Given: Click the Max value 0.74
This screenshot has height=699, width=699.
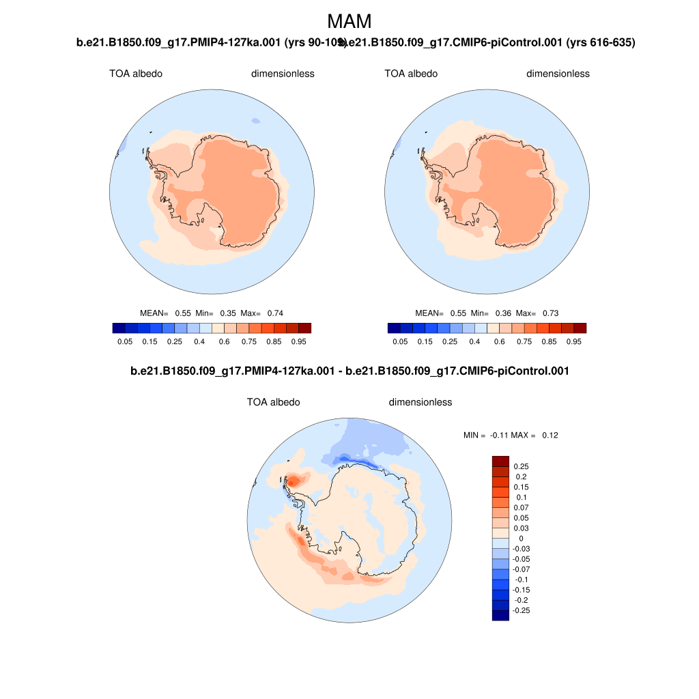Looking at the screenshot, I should pyautogui.click(x=275, y=313).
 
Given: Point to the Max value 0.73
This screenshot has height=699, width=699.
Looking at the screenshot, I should pyautogui.click(x=550, y=313).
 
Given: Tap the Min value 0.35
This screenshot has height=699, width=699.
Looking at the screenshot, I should pyautogui.click(x=228, y=313).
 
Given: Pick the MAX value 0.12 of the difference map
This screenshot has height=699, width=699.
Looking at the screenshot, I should pyautogui.click(x=550, y=435).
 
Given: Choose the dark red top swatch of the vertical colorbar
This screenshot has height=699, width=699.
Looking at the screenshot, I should pyautogui.click(x=500, y=461).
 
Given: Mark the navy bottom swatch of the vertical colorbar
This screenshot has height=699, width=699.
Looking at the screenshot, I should pyautogui.click(x=500, y=615).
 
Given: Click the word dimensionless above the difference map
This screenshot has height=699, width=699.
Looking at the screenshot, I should pyautogui.click(x=420, y=402).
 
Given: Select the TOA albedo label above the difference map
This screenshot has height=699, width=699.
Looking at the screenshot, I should pyautogui.click(x=273, y=402).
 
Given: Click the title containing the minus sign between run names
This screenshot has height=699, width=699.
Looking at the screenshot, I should pyautogui.click(x=349, y=371).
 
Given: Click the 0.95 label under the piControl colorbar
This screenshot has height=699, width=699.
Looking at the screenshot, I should pyautogui.click(x=574, y=341).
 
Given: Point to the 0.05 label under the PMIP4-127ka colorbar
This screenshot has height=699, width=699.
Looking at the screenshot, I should pyautogui.click(x=124, y=341).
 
